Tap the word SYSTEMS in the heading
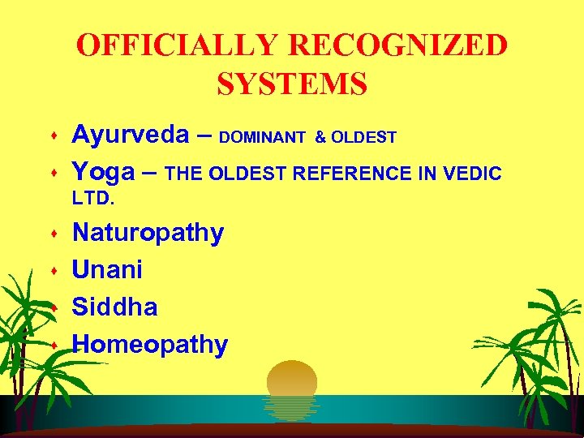tap(292, 83)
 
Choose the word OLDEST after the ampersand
tap(363, 138)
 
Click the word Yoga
tap(101, 172)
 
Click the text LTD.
tap(90, 198)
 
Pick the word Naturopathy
tap(148, 234)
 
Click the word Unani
tap(108, 269)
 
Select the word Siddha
tap(115, 307)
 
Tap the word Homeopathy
tap(150, 344)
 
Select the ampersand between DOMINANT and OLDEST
tap(320, 138)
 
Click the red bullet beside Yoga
tap(53, 174)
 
